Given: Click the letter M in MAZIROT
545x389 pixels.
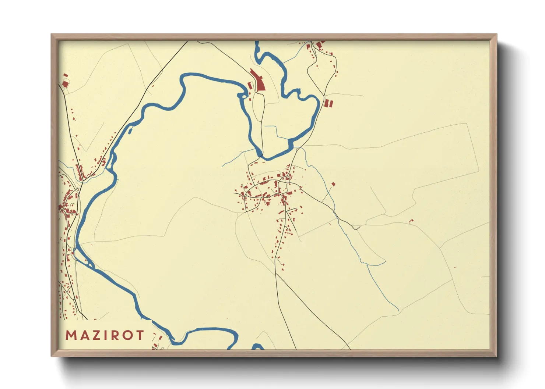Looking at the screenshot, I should pos(71,335).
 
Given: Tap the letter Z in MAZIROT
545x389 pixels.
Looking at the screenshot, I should pos(96,335).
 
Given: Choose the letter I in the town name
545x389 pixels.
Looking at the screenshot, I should pos(106,335).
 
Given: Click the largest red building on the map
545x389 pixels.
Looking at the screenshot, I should pos(260,82).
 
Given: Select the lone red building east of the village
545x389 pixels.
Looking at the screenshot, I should pos(334,184).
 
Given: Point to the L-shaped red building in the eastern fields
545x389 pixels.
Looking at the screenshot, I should pos(411,221).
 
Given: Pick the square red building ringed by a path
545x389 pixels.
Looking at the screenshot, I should pos(65,84).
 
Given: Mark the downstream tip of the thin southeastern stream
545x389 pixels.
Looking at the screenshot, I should pos(398,310).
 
